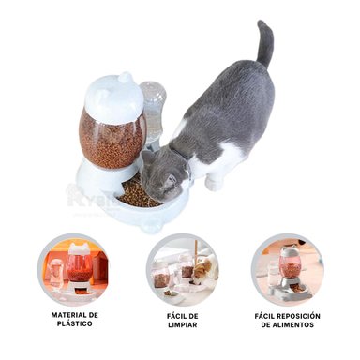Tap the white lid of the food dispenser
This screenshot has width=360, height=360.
coord(112,94)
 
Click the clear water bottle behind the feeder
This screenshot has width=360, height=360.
coord(153,108)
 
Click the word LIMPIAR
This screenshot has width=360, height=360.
coord(182,326)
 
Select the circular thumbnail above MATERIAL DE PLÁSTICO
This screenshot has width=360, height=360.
coord(73,269)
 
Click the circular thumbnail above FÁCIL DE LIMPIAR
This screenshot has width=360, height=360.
coord(182,269)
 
